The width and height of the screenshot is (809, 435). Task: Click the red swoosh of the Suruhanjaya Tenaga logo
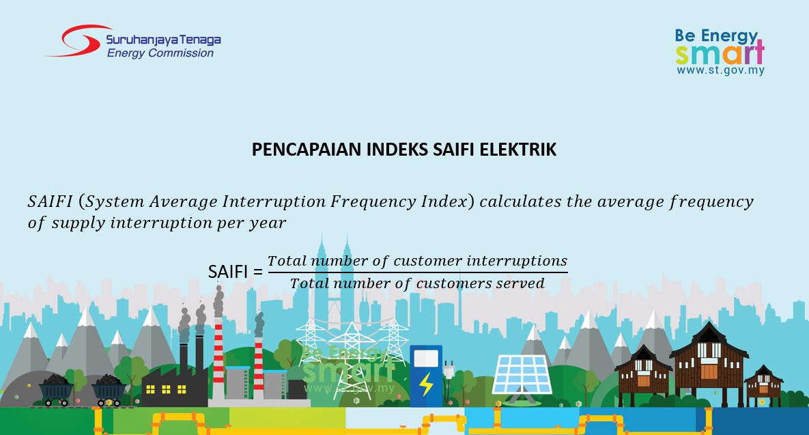(x=77, y=41)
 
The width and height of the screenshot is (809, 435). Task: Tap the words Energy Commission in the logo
(x=160, y=53)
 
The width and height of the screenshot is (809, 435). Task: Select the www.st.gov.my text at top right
(x=720, y=70)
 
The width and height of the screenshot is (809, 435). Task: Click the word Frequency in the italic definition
(x=373, y=201)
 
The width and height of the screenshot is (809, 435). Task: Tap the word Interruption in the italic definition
(x=274, y=201)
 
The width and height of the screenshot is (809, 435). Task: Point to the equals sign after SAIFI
(x=257, y=272)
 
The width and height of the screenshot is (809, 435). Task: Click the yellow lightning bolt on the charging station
(x=427, y=384)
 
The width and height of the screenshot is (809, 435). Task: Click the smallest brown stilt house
(x=763, y=384)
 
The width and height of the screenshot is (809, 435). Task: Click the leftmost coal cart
(x=56, y=390)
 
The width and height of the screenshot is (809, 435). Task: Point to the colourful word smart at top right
(x=720, y=53)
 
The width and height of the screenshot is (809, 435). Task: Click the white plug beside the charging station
(x=449, y=368)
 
